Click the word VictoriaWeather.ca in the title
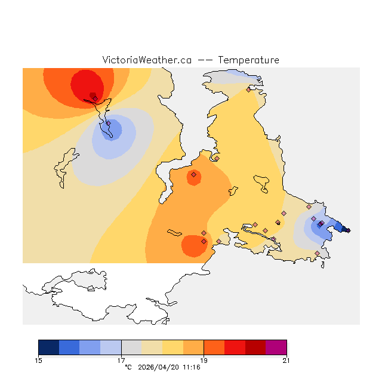[147, 60]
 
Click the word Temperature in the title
[248, 60]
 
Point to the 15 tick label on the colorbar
[39, 360]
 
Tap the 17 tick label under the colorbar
[121, 360]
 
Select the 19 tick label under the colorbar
[204, 360]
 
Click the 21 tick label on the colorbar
[286, 360]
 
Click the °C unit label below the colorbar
[128, 367]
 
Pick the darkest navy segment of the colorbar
[49, 347]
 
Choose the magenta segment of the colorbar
[276, 347]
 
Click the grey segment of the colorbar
[131, 347]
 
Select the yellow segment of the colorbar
[173, 347]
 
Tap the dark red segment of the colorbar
[255, 347]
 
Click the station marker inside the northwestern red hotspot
[94, 98]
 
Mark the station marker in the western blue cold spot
[108, 124]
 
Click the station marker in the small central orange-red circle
[193, 175]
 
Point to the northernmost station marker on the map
[248, 90]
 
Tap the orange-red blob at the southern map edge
[192, 246]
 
